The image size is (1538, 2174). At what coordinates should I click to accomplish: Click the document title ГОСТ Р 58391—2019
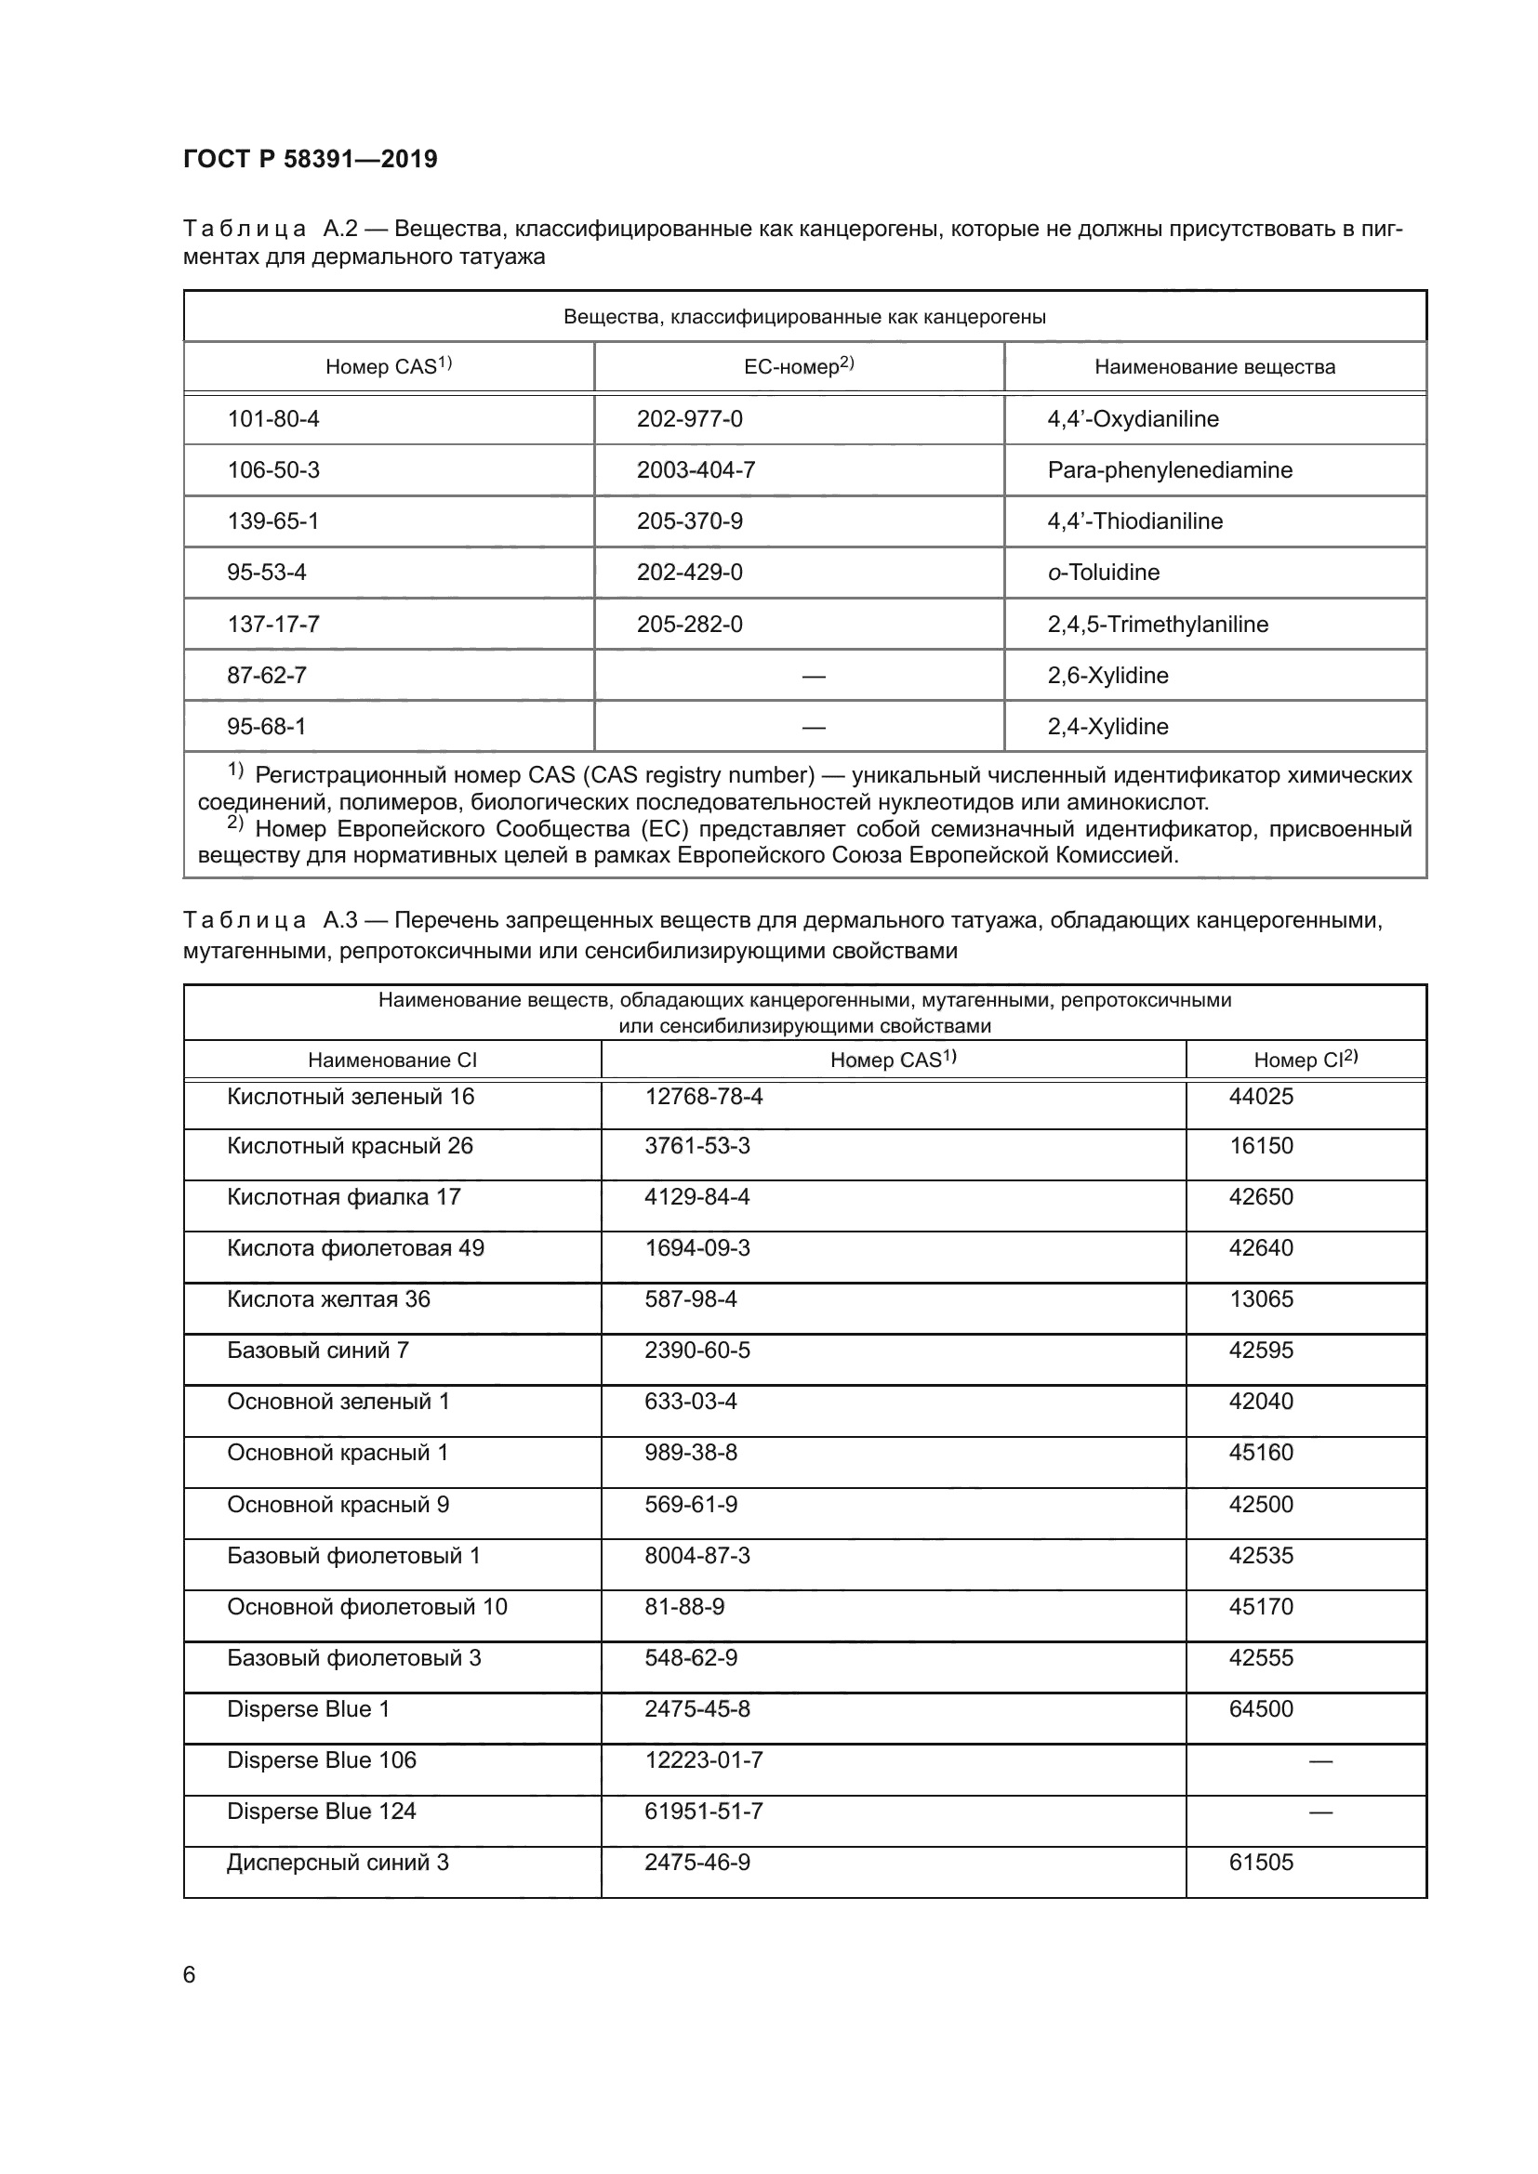coord(310,159)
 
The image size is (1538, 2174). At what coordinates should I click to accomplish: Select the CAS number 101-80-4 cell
coord(272,418)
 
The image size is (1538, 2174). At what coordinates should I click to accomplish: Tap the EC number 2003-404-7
coord(696,469)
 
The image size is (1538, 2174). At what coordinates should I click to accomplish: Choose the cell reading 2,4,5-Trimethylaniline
coord(1158,624)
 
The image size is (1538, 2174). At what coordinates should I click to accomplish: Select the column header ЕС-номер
coord(799,366)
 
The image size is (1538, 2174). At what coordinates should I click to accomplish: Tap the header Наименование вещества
coord(1214,366)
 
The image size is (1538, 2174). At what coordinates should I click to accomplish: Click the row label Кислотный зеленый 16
coord(351,1097)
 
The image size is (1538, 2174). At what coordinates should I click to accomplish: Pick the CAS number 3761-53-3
coord(697,1146)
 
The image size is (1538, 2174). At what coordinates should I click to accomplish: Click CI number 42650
coord(1261,1197)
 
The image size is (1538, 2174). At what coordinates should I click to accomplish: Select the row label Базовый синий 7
coord(317,1351)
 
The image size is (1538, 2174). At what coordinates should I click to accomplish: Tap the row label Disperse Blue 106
coord(321,1760)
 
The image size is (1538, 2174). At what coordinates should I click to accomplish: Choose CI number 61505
coord(1261,1863)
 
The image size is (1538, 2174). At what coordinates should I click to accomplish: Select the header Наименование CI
coord(392,1061)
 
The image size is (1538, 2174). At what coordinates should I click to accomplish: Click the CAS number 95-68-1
coord(266,726)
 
